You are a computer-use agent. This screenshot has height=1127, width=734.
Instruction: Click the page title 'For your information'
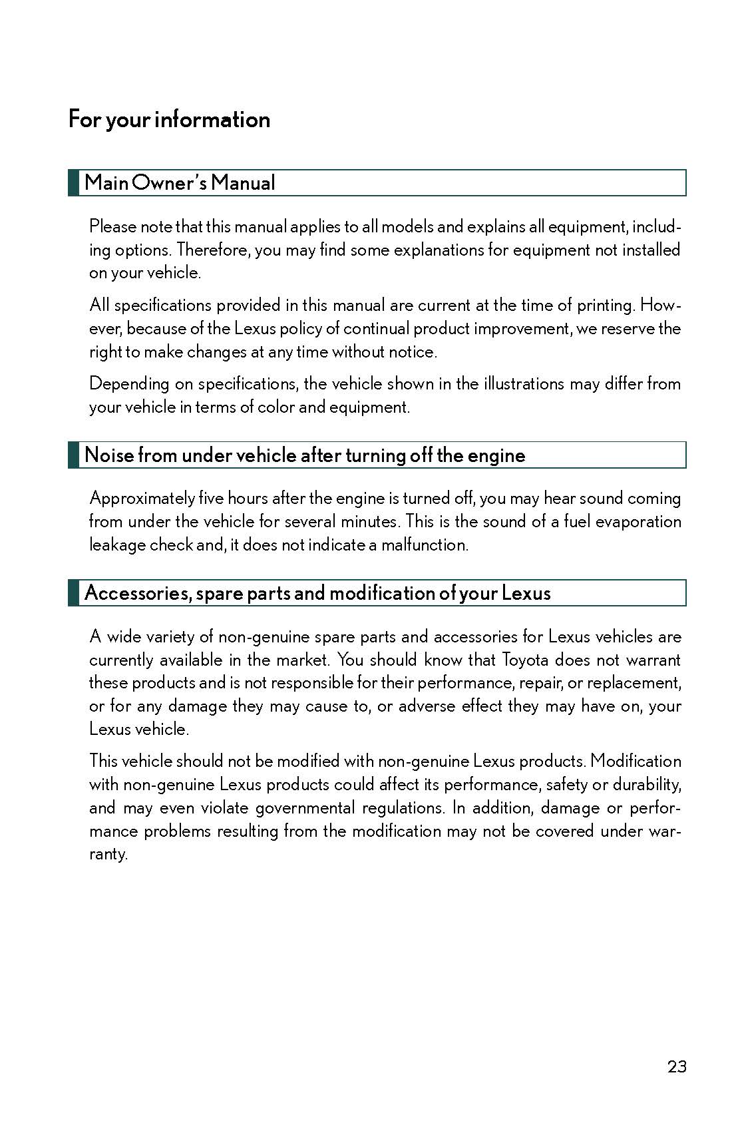(x=169, y=119)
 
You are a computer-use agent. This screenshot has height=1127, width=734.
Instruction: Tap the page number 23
(x=676, y=1066)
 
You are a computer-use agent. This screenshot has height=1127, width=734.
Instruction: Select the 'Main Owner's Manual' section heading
(x=180, y=183)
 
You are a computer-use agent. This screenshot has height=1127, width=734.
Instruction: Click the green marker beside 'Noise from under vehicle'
(x=73, y=455)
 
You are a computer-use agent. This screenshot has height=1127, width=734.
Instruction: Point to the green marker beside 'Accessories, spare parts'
(x=73, y=593)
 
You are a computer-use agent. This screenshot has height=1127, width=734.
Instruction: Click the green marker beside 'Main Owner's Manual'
(x=73, y=183)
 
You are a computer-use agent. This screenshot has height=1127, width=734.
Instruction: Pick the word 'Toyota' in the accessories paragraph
(x=524, y=660)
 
